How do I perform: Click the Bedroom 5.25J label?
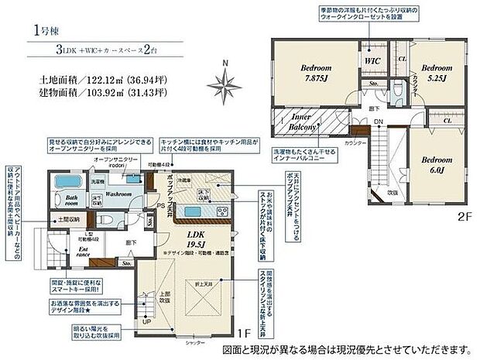438,73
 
